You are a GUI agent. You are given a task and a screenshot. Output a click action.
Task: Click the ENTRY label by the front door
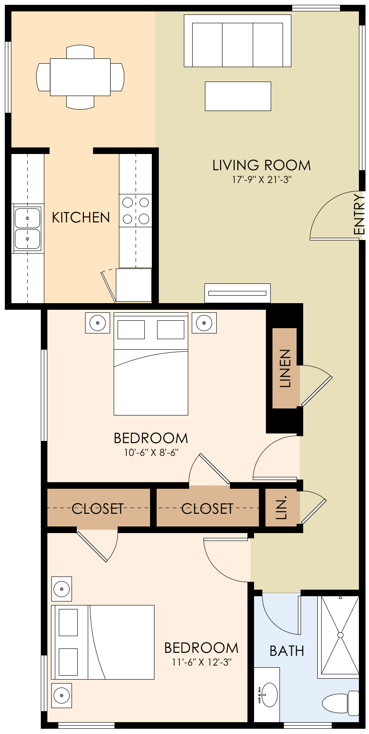(x=359, y=215)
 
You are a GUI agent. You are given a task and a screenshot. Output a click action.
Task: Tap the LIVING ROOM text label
(x=262, y=165)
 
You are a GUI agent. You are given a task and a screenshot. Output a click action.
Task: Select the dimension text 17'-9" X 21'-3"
(x=262, y=180)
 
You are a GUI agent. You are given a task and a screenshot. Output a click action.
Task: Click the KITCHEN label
(x=81, y=217)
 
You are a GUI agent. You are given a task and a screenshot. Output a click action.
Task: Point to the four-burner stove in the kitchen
(x=136, y=211)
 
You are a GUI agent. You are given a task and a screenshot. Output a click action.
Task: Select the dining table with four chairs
(x=80, y=77)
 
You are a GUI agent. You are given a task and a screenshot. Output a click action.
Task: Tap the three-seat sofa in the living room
(x=237, y=41)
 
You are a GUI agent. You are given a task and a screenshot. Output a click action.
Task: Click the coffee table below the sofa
(x=238, y=96)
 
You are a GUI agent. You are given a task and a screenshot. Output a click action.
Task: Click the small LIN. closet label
(x=282, y=508)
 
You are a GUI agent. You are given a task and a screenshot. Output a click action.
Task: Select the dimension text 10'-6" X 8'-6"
(x=150, y=452)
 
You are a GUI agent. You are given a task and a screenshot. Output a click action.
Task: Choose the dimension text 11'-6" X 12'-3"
(x=201, y=662)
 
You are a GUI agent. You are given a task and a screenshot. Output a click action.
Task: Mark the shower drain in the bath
(x=340, y=635)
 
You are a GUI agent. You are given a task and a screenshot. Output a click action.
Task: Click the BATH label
(x=287, y=651)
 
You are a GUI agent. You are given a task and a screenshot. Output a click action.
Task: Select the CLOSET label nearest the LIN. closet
(x=207, y=508)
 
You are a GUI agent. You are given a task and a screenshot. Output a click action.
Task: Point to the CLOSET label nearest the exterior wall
(x=97, y=508)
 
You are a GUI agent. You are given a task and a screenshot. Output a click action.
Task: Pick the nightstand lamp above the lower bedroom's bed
(x=61, y=589)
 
